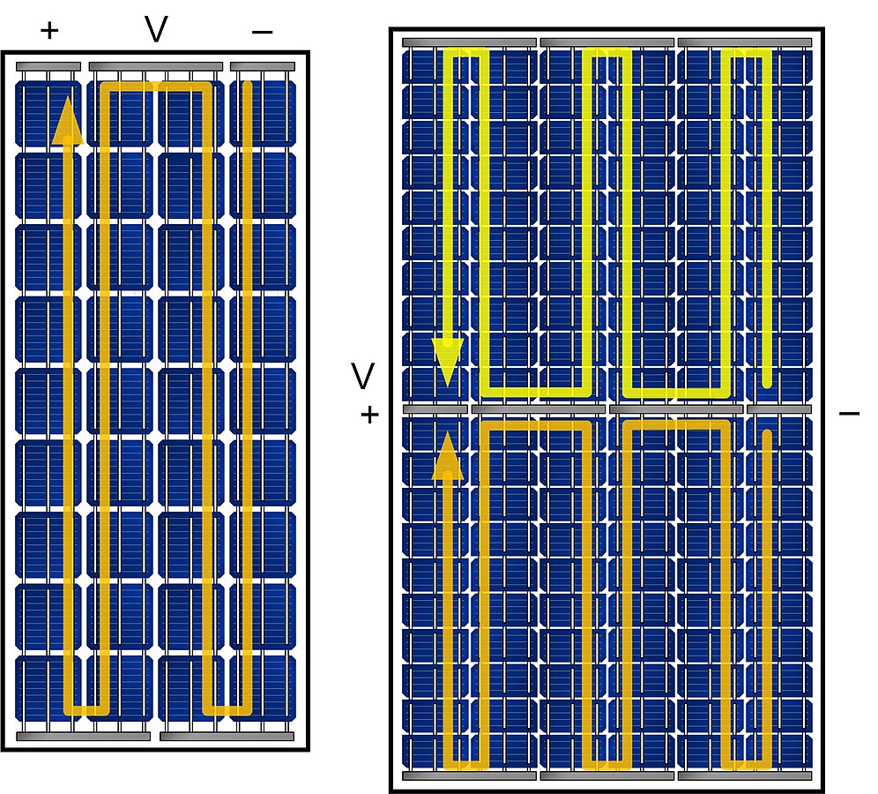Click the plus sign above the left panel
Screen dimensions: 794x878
pyautogui.click(x=49, y=31)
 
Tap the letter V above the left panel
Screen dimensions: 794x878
pyautogui.click(x=156, y=29)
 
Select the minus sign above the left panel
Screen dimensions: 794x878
pyautogui.click(x=262, y=32)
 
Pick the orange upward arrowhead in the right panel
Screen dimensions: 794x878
pyautogui.click(x=448, y=456)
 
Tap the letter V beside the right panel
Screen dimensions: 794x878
pyautogui.click(x=363, y=377)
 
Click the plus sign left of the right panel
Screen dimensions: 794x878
pyautogui.click(x=369, y=414)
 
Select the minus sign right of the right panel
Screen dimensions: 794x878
pyautogui.click(x=849, y=413)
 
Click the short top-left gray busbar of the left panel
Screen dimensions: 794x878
pyautogui.click(x=48, y=66)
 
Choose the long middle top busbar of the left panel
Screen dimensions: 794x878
pyautogui.click(x=156, y=66)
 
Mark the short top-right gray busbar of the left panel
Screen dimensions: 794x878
pyautogui.click(x=262, y=66)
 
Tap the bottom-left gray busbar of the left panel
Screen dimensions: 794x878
pyautogui.click(x=84, y=735)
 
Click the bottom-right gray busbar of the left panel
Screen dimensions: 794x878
pyautogui.click(x=227, y=735)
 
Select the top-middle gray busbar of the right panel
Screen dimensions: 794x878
pyautogui.click(x=607, y=42)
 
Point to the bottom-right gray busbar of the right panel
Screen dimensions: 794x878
pyautogui.click(x=745, y=776)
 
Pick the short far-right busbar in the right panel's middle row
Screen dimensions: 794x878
pyautogui.click(x=778, y=409)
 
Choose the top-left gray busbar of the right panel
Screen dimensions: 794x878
pyautogui.click(x=470, y=42)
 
